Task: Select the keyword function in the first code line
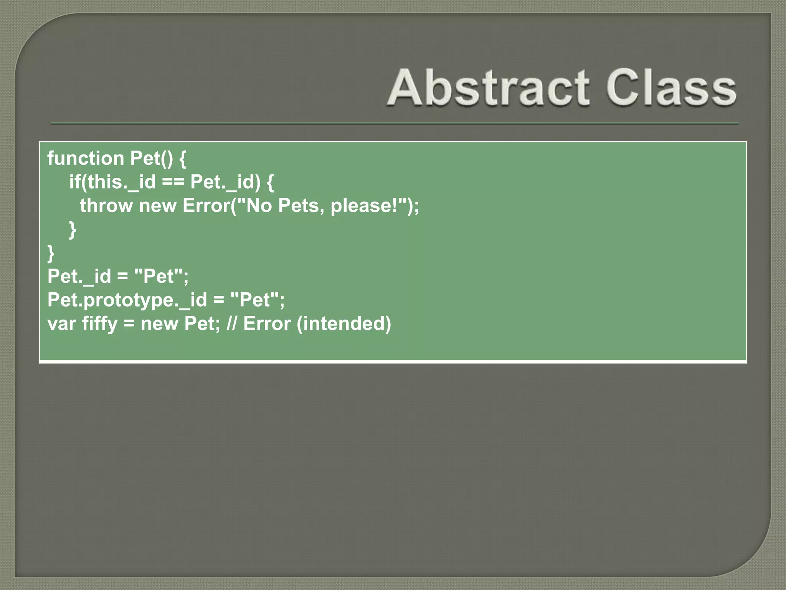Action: tap(86, 158)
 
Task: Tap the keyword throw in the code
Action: tap(106, 206)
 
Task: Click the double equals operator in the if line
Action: tap(173, 182)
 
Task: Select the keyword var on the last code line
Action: tap(61, 324)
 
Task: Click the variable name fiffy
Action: tap(100, 324)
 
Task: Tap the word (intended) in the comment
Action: tap(344, 324)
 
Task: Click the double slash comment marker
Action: tap(231, 324)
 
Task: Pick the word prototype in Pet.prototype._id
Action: tap(128, 300)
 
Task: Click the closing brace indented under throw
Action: tap(73, 230)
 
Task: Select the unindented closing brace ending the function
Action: tap(51, 253)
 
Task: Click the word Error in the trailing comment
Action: tap(267, 324)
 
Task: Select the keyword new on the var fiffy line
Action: tap(159, 324)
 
